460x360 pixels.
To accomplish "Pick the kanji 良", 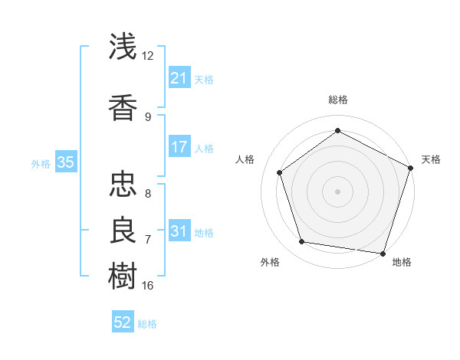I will coord(123,228).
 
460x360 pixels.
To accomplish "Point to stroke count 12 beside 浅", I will coord(148,56).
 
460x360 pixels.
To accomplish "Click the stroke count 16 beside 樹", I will coord(148,285).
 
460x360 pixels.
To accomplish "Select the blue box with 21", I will coord(179,77).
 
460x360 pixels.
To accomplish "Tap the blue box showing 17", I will coord(179,146).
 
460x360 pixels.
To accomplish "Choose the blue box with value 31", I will coord(179,231).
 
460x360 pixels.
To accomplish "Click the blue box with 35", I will coord(65,162).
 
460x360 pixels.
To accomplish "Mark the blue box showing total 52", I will coord(123,322).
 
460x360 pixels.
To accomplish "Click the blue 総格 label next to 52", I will coord(147,324).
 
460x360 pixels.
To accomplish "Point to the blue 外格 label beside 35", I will coord(41,163).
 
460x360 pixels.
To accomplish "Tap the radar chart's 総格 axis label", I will coord(338,100).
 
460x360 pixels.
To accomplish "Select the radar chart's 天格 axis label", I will coord(431,159).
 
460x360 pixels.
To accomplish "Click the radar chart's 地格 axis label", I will coord(402,262).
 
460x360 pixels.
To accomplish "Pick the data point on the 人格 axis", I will coord(280,172).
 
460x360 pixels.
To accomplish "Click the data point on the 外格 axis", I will coord(302,242).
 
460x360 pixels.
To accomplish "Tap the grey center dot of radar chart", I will coord(338,191).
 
